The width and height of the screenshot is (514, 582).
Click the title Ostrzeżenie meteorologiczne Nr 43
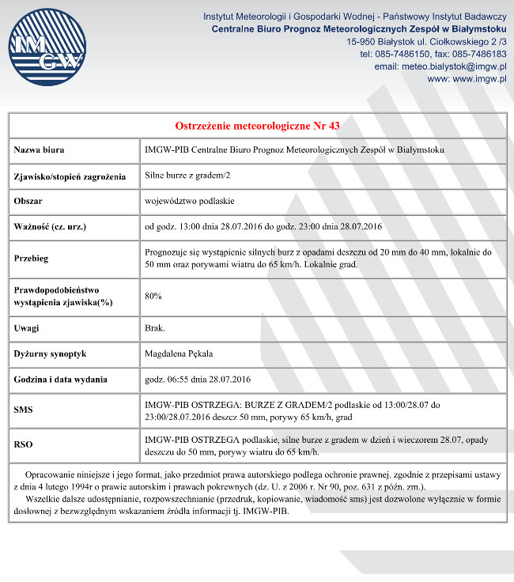click(x=257, y=126)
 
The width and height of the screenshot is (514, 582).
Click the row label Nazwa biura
click(x=40, y=149)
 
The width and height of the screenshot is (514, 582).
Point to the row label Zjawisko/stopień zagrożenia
click(x=70, y=176)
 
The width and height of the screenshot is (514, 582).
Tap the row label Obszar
click(x=28, y=202)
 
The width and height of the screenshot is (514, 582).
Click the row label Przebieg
click(x=32, y=258)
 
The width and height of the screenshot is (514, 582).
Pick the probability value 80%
click(x=153, y=296)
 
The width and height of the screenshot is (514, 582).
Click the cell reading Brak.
click(x=155, y=327)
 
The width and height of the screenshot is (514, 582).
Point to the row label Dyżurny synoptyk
click(x=50, y=353)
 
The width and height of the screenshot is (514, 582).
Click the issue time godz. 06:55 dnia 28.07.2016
click(x=198, y=379)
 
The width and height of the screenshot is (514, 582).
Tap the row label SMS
click(x=24, y=410)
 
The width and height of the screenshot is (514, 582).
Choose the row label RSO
click(x=24, y=445)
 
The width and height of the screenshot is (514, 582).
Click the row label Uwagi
click(x=27, y=328)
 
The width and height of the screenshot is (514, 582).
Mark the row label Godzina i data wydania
click(x=61, y=380)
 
